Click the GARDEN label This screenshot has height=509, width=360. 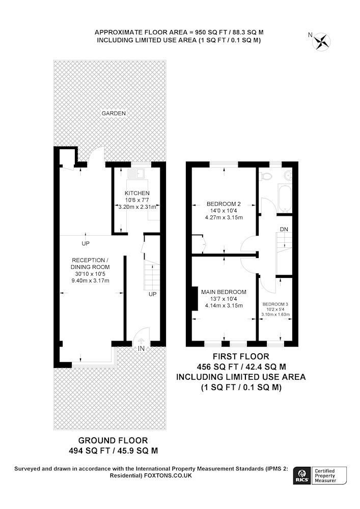pos(114,114)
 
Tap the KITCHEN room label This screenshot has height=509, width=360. pos(137,193)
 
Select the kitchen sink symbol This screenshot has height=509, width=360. pos(136,174)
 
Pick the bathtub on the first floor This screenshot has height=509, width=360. pos(284,197)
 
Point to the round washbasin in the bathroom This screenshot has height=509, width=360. pos(287,175)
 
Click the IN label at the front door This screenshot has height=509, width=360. pos(141,349)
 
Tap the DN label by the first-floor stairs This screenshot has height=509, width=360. pos(284,229)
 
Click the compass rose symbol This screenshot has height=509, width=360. pos(321,42)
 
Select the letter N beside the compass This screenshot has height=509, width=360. pos(310,35)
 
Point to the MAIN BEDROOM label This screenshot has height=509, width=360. pos(224,292)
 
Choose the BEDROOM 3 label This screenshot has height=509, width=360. pos(275,304)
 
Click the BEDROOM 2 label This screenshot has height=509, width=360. pos(224,204)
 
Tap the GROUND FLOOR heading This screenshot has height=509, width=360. pos(113,440)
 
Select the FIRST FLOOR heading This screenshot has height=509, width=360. pos(241,356)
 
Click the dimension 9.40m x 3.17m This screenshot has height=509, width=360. pos(90,280)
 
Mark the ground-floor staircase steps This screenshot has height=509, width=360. pos(152,276)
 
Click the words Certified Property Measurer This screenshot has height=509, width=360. pos(325,475)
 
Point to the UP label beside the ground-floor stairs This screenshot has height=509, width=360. pos(153,294)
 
